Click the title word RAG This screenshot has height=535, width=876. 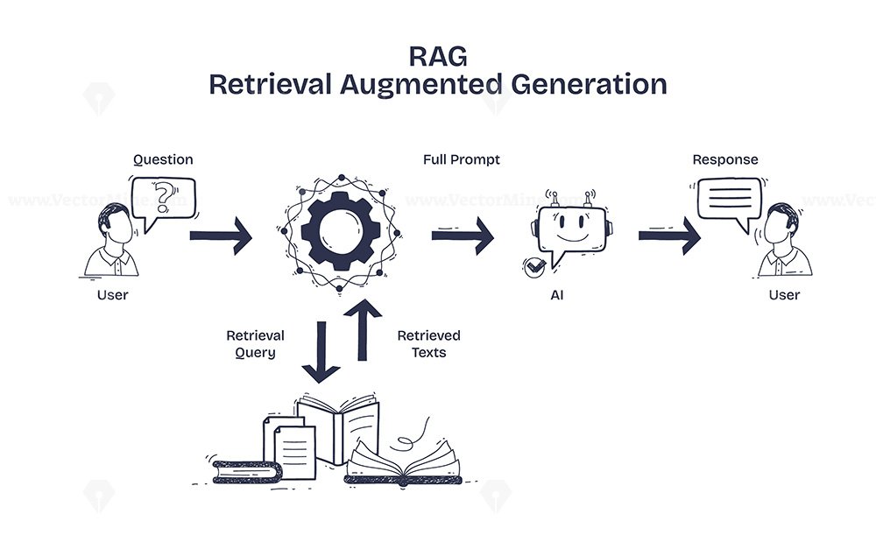[x=438, y=56]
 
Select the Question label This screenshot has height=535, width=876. [x=163, y=159]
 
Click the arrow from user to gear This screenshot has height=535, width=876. [x=221, y=236]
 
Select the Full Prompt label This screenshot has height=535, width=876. [x=462, y=159]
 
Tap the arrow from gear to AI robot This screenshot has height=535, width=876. [x=463, y=236]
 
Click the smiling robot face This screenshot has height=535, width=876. [x=571, y=229]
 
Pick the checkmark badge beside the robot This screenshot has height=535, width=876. [x=534, y=268]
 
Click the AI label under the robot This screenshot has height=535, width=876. [x=557, y=295]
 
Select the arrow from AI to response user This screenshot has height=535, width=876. [x=669, y=236]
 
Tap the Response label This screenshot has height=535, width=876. [x=725, y=159]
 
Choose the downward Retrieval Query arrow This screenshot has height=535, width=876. [x=321, y=352]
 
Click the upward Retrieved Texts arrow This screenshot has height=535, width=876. [x=363, y=330]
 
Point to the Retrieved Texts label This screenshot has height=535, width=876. [x=429, y=344]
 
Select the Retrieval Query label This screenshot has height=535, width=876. [x=255, y=344]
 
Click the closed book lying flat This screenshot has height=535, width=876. [x=247, y=472]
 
